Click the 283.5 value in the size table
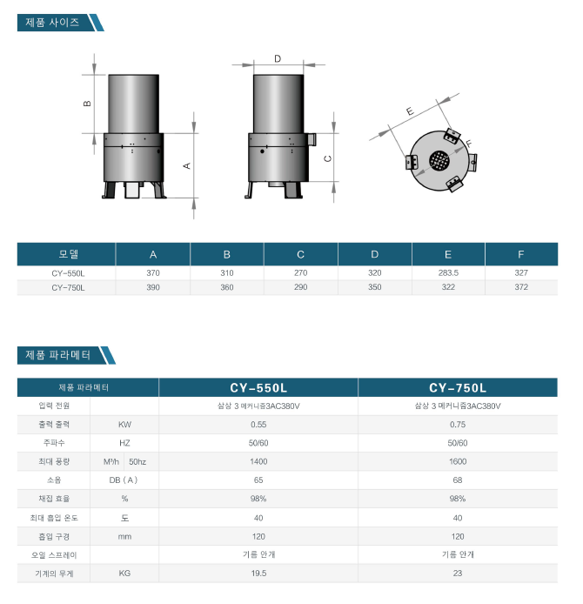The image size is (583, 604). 448,272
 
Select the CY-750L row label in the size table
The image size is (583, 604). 68,287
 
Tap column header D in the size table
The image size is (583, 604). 375,254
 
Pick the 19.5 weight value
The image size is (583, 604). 258,574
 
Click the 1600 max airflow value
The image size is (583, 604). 458,461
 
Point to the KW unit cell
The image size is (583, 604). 124,425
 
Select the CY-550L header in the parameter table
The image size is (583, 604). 258,387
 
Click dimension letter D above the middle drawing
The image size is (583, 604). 278,58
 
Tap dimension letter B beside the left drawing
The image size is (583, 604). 87,104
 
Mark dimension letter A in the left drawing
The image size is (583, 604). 187,165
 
